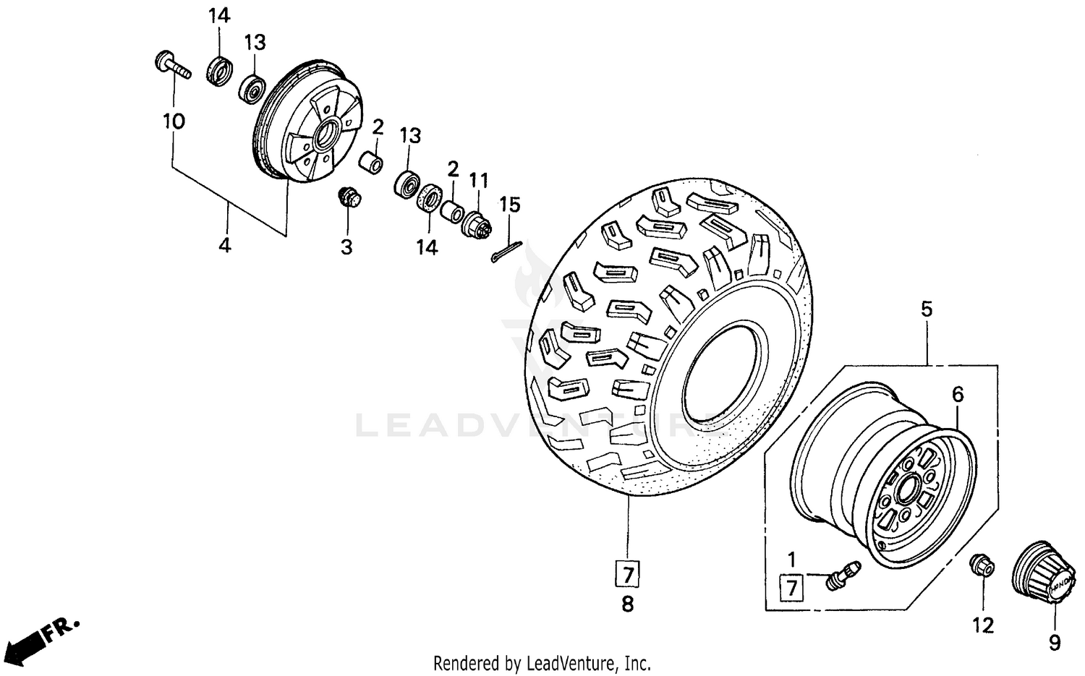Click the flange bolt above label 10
point(171,66)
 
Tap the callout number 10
point(174,121)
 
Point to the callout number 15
point(510,205)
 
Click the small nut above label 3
point(350,197)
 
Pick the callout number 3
point(346,247)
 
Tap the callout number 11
point(479,181)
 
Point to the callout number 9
point(1055,642)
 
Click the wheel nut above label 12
point(982,565)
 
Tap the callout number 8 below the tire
point(627,604)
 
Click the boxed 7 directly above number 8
point(627,575)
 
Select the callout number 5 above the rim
point(927,309)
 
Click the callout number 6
point(958,395)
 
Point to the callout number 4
point(225,246)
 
